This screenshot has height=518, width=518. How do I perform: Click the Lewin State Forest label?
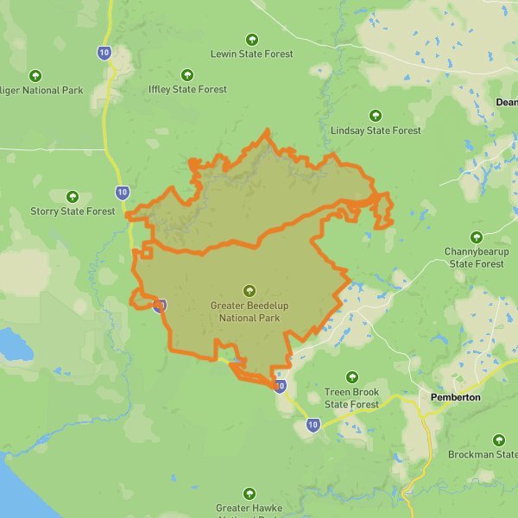pyautogui.click(x=251, y=54)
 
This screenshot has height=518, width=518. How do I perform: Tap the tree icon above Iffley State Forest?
pyautogui.click(x=187, y=74)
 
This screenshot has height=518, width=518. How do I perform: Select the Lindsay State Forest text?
pyautogui.click(x=376, y=130)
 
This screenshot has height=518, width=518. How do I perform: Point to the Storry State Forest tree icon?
pyautogui.click(x=73, y=197)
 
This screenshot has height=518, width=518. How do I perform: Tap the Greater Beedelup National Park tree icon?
pyautogui.click(x=250, y=291)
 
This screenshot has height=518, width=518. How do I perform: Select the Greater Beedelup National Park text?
pyautogui.click(x=246, y=312)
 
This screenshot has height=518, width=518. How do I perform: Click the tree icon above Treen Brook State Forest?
pyautogui.click(x=351, y=377)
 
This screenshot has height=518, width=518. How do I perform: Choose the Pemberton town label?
pyautogui.click(x=454, y=397)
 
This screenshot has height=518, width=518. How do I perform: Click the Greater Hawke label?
pyautogui.click(x=250, y=509)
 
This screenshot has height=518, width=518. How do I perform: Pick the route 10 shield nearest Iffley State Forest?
pyautogui.click(x=104, y=54)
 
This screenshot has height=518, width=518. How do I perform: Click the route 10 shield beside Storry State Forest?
pyautogui.click(x=122, y=192)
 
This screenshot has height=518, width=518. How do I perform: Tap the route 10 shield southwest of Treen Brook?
pyautogui.click(x=313, y=424)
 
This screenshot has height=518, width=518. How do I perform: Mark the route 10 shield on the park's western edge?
pyautogui.click(x=160, y=305)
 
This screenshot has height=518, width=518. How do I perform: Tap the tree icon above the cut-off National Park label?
pyautogui.click(x=35, y=75)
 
